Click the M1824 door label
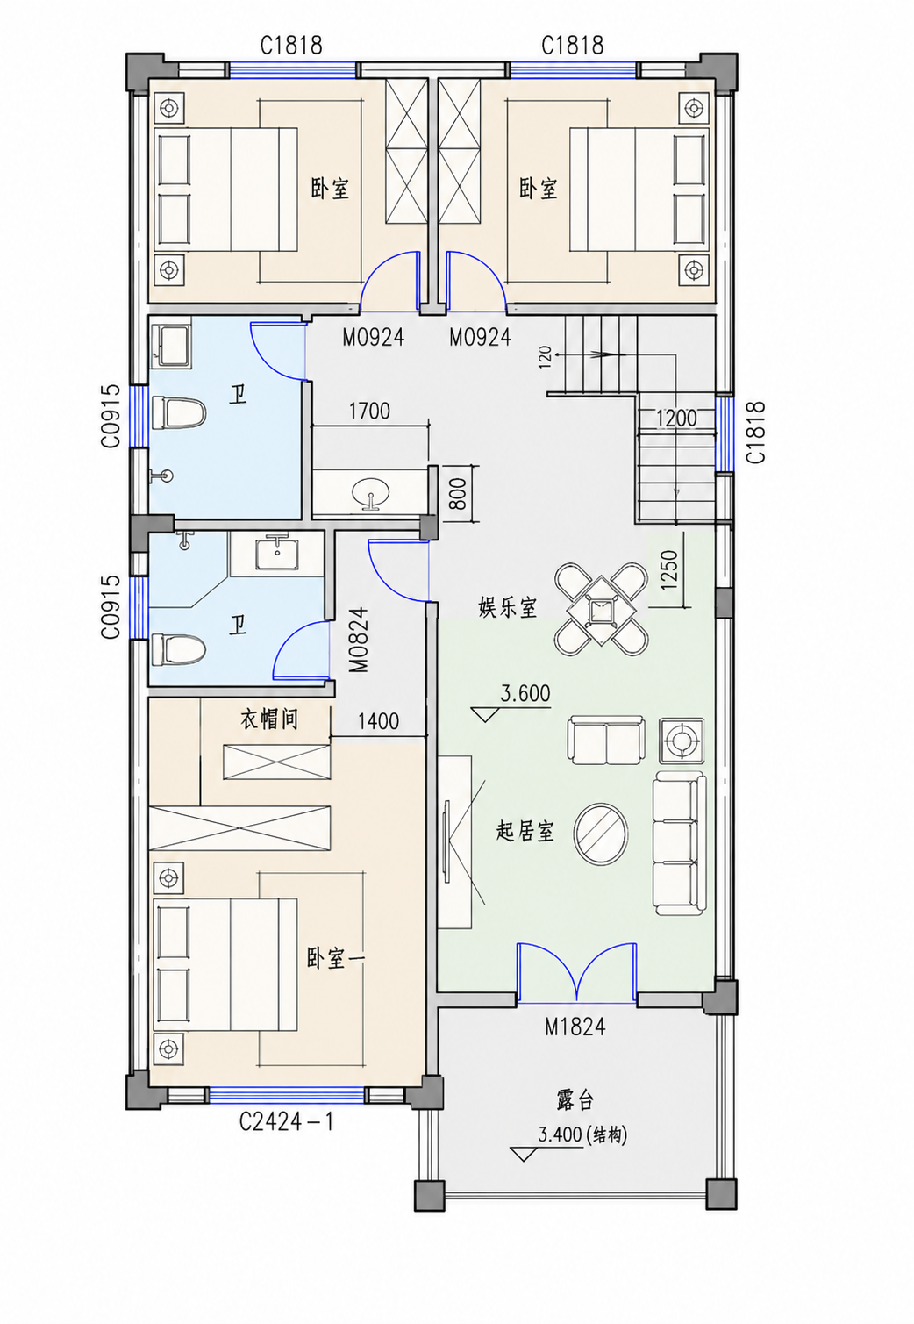click(575, 1027)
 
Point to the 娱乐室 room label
click(508, 607)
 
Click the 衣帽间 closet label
click(268, 719)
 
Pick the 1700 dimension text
click(369, 411)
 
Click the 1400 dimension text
click(378, 721)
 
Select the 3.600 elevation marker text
click(525, 693)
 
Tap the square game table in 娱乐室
click(601, 609)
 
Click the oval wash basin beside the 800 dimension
click(370, 491)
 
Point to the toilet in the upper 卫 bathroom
click(178, 412)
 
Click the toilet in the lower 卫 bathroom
click(178, 649)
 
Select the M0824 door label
click(359, 641)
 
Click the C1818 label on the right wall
click(755, 432)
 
